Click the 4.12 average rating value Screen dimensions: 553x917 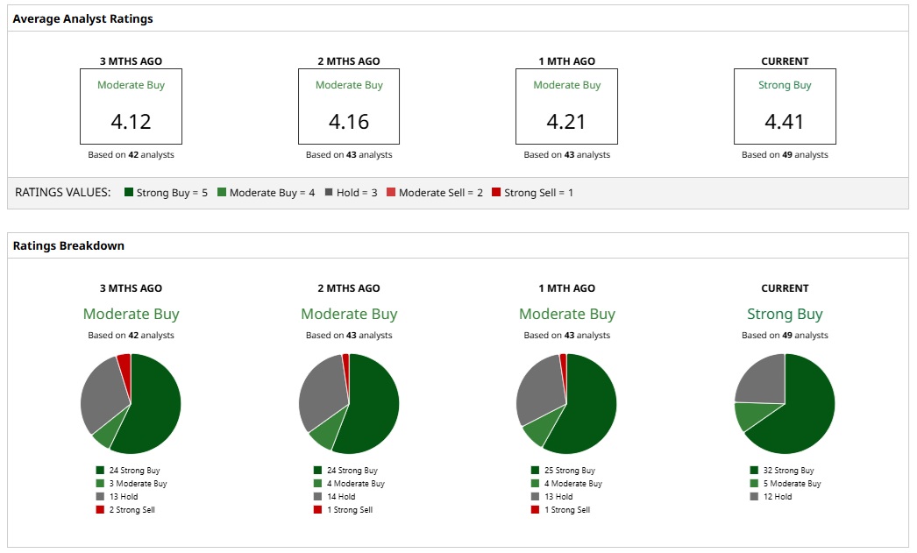[131, 122]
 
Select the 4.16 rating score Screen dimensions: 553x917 [349, 122]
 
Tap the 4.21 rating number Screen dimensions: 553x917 [567, 122]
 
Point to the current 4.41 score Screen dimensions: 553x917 [785, 122]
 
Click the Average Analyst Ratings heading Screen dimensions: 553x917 [82, 18]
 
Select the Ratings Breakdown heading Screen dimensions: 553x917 [68, 246]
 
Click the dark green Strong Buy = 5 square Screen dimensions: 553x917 [129, 193]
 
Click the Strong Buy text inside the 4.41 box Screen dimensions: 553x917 [785, 86]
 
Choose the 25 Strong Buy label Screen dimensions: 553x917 [571, 471]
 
